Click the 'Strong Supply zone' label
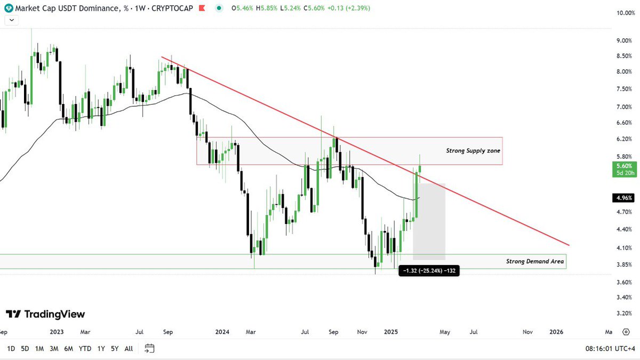point(473,151)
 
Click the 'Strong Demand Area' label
point(535,261)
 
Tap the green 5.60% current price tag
point(622,170)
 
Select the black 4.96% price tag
point(623,198)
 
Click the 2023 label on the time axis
point(57,332)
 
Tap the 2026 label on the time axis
point(556,332)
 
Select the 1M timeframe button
point(39,349)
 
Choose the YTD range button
point(85,349)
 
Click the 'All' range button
point(129,349)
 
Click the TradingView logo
point(45,314)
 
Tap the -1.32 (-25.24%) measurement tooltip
point(429,271)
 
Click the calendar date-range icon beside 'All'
point(149,349)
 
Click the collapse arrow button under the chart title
point(11,20)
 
